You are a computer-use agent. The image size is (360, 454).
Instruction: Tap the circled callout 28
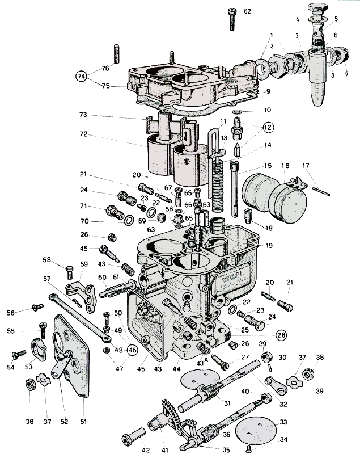(x=281, y=334)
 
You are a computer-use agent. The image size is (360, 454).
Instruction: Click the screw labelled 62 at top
(x=232, y=18)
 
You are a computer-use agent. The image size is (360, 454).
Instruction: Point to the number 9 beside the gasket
(x=268, y=90)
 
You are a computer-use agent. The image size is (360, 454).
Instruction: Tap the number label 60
(x=101, y=277)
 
